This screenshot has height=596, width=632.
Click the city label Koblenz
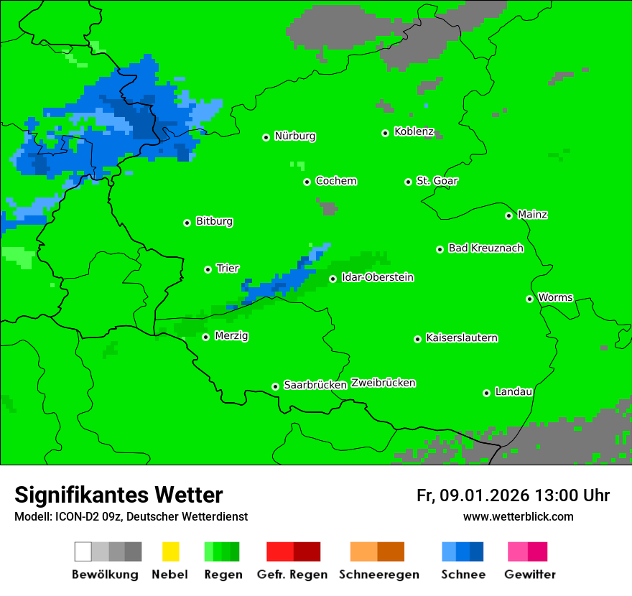pos(414,132)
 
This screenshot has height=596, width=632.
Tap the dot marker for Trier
pos(208,269)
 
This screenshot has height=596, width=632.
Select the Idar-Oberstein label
pos(378,278)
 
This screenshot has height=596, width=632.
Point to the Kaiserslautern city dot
pos(417,339)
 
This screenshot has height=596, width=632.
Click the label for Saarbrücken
pos(315,386)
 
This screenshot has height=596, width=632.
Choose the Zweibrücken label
pos(384,383)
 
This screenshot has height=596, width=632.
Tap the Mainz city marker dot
pos(508,215)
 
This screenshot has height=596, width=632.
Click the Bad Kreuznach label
pos(485,248)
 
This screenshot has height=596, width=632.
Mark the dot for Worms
pos(529,299)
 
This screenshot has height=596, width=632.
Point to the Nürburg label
pos(295,136)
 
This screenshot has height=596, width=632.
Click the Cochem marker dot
pos(307,182)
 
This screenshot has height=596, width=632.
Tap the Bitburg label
pos(214,222)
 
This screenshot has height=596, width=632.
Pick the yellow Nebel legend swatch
pos(170,551)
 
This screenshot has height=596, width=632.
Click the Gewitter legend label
pos(529,574)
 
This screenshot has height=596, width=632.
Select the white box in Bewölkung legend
pos(83,551)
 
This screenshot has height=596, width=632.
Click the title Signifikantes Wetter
pos(118,495)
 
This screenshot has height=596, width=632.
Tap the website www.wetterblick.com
pos(518,517)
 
